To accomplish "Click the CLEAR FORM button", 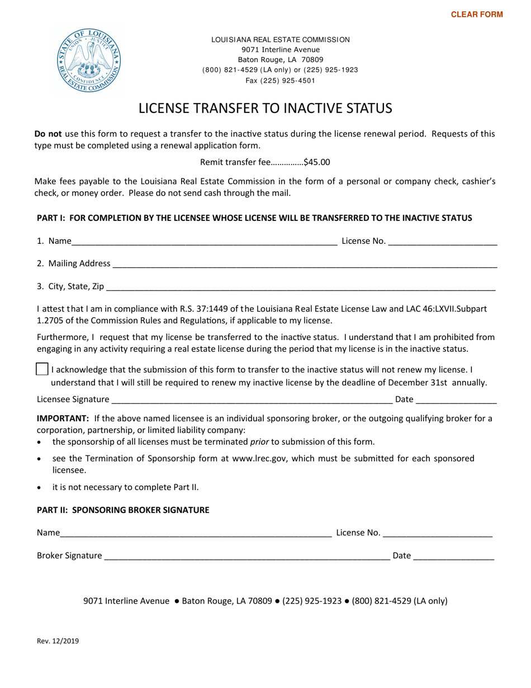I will [x=477, y=15].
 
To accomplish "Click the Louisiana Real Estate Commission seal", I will [x=89, y=60].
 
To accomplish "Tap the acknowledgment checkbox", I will [x=42, y=370].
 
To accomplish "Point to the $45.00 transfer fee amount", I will [x=317, y=162].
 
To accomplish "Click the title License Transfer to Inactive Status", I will [x=265, y=108].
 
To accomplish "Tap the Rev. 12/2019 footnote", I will [x=58, y=641].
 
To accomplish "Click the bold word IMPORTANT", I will [x=63, y=418].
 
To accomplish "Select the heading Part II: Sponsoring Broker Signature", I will [x=123, y=510].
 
